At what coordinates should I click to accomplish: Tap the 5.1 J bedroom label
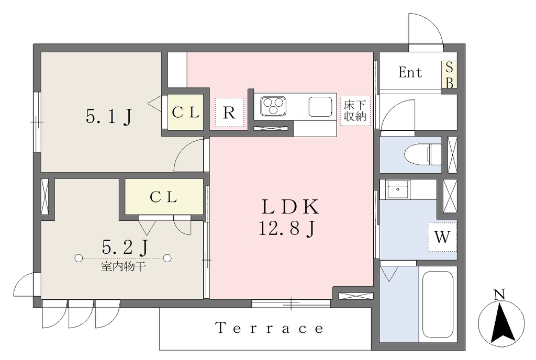[109, 116]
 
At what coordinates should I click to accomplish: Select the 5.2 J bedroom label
[125, 246]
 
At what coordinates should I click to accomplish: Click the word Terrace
[270, 328]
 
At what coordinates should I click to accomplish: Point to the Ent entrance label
[410, 72]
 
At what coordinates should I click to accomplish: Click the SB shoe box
[449, 75]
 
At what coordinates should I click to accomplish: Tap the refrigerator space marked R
[229, 113]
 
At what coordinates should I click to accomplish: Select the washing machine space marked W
[442, 237]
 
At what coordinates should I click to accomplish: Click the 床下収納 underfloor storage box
[355, 110]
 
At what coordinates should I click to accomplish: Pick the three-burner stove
[273, 106]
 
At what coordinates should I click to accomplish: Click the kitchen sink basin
[320, 107]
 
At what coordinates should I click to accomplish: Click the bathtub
[438, 305]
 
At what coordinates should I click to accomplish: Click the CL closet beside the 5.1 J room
[185, 112]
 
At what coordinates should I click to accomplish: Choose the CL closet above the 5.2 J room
[164, 197]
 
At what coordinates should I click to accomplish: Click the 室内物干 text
[124, 266]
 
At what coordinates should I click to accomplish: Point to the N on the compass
[500, 295]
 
